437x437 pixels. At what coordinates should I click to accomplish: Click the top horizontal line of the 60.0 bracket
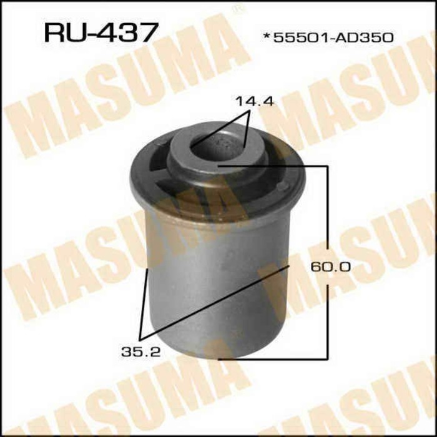[275, 167]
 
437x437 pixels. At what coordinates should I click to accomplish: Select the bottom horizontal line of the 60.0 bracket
[275, 358]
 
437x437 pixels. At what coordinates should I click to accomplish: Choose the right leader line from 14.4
[249, 128]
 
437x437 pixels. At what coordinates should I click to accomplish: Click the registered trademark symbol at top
[236, 9]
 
